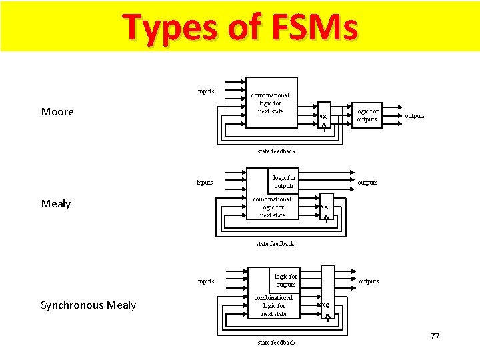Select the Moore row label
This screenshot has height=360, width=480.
coord(57,112)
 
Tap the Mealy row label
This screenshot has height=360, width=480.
coord(56,204)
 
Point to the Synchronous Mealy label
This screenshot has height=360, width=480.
coord(88,305)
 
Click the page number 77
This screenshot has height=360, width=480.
coord(435,336)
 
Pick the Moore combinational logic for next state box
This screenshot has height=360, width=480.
coord(270,103)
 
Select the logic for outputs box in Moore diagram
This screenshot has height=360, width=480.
coord(367,115)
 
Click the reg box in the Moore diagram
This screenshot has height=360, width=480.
coord(323,116)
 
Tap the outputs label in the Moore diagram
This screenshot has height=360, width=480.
coord(415,116)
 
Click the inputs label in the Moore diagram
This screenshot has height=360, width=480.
coord(206,91)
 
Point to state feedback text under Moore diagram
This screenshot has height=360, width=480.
coord(276,151)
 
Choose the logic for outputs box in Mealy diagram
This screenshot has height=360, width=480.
coord(283,181)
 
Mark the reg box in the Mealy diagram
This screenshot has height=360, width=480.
coord(324,206)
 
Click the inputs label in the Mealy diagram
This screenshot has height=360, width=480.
coord(205,182)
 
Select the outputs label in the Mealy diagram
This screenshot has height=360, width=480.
coord(367,182)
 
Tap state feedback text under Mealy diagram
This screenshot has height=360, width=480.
coord(275,244)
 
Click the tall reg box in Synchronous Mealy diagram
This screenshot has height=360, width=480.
coord(327,293)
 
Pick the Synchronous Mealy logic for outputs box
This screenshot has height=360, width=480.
coord(285,280)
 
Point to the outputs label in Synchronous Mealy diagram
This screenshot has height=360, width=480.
coord(369,281)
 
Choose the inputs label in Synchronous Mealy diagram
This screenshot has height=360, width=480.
coord(206,281)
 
